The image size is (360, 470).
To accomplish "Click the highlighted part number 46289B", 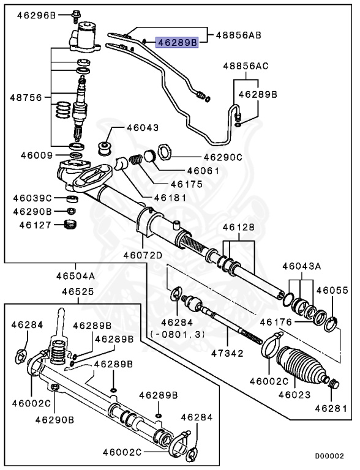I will [x=178, y=43].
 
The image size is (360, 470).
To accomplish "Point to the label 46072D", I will [x=143, y=255].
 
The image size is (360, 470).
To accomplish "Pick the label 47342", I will [x=228, y=354].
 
